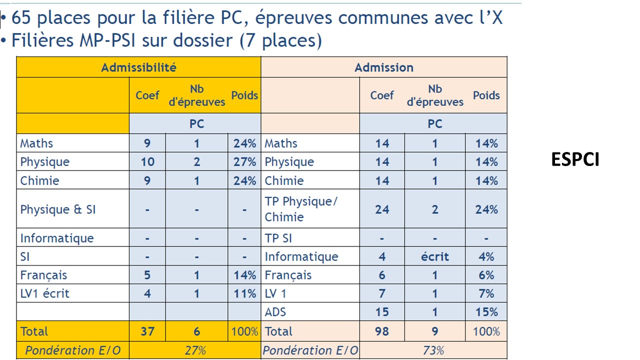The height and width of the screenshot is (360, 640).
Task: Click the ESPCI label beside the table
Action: [575, 159]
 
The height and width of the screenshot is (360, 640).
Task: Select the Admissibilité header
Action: [138, 67]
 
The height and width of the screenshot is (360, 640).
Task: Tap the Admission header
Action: [384, 67]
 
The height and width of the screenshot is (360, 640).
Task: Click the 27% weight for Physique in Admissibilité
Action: [244, 162]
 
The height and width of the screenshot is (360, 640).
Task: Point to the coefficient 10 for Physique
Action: [147, 162]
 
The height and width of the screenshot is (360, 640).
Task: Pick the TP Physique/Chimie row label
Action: [301, 209]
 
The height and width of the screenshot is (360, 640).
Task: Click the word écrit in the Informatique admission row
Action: [434, 256]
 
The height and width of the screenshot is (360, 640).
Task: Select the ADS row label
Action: [275, 312]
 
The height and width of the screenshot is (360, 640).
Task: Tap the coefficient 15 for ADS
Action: [382, 312]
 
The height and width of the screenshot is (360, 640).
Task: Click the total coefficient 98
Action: [382, 331]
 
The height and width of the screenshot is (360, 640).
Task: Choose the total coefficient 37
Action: [147, 331]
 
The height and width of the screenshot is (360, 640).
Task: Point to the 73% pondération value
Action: [433, 350]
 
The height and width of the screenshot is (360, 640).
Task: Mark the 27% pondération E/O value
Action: [195, 350]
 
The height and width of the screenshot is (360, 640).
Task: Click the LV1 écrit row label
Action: [45, 293]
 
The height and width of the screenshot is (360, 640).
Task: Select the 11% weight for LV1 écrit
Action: [244, 293]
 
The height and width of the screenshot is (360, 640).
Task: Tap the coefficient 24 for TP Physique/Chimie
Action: [382, 209]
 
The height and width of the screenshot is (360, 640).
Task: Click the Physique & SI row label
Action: [58, 209]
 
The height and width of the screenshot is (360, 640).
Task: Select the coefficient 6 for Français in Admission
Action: [382, 275]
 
